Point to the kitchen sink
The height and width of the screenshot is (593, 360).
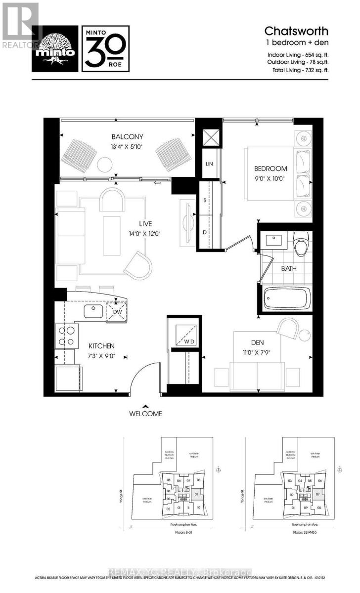point(92,311)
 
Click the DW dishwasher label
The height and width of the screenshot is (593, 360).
point(117,312)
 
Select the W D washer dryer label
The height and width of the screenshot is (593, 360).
point(190,341)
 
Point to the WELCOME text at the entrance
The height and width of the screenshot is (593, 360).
point(145,413)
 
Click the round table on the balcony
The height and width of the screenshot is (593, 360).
point(105,163)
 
